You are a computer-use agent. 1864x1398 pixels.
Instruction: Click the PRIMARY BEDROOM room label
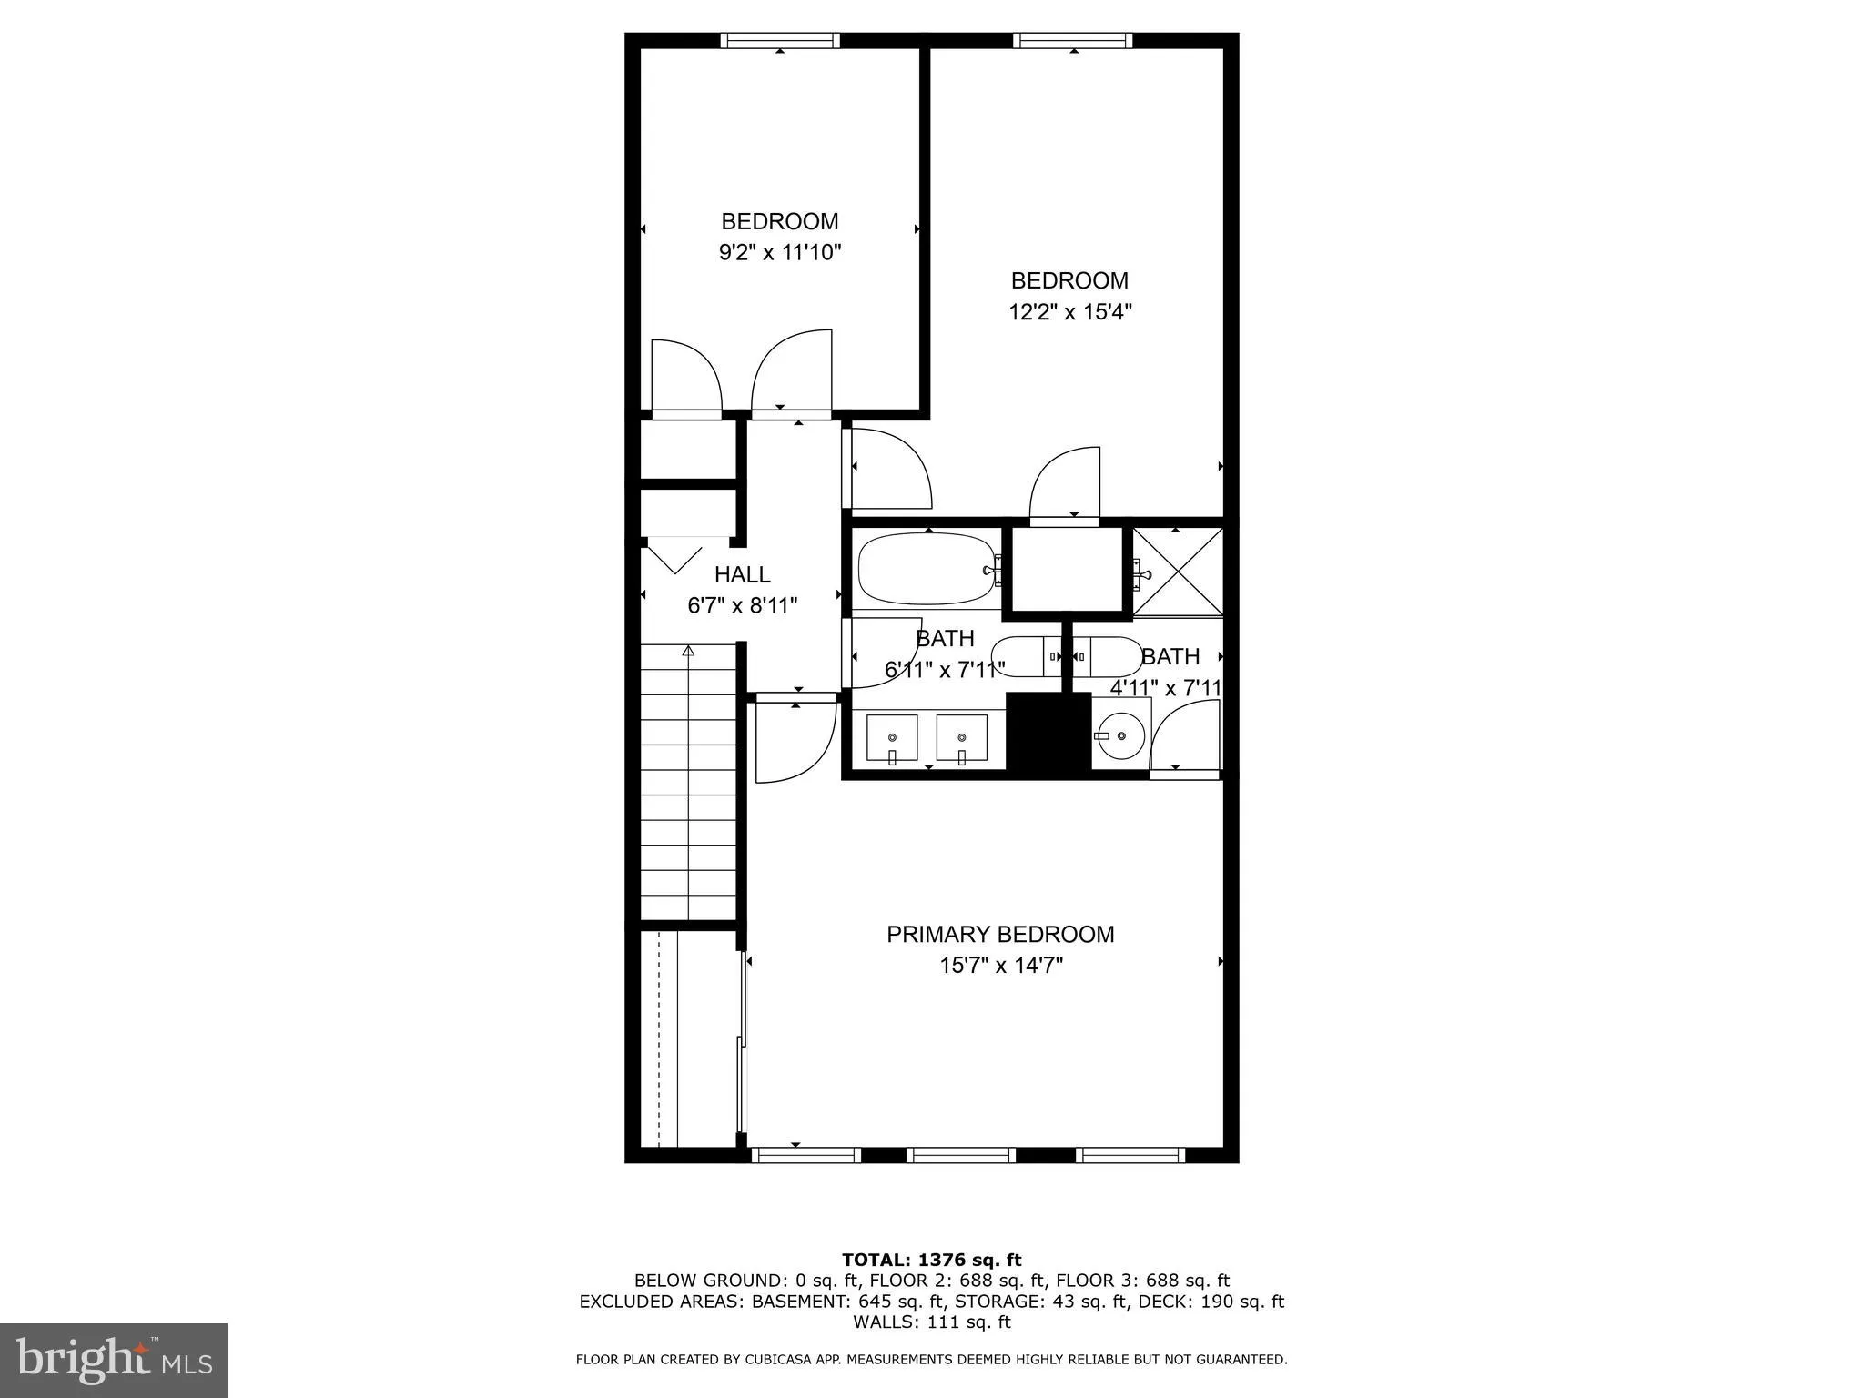pos(1000,935)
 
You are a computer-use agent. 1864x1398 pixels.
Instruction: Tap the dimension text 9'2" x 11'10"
pos(779,252)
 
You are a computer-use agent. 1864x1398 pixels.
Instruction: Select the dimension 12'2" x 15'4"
pos(1069,312)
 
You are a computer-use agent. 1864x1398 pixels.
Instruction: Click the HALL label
pos(742,574)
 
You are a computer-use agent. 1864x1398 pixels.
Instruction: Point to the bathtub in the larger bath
pos(927,569)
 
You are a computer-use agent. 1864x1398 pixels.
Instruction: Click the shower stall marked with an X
pos(1178,572)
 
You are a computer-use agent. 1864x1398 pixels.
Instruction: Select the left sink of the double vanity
pos(891,738)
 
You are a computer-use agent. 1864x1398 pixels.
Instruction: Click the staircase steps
pos(688,783)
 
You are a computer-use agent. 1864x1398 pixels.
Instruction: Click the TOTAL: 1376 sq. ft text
pos(931,1260)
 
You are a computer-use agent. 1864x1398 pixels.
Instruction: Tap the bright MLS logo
pos(114,1360)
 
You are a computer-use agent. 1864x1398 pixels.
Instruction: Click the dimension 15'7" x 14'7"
pos(1000,966)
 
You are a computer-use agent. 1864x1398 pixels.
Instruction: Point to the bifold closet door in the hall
pos(674,556)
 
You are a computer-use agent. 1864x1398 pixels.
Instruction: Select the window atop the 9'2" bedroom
pos(780,40)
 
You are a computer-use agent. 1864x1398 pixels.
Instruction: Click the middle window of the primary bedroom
pos(960,1155)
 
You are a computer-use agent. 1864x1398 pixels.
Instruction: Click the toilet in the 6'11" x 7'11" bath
pos(1024,656)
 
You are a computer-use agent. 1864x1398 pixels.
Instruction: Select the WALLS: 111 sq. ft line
pos(931,1322)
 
